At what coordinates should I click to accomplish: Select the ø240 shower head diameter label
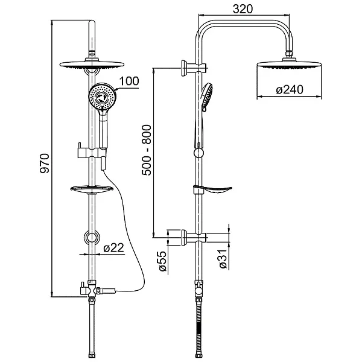pyautogui.click(x=288, y=89)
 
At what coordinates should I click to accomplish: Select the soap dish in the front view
pyautogui.click(x=91, y=190)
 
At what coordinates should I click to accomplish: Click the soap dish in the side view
pyautogui.click(x=214, y=191)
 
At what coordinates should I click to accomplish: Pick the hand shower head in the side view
pyautogui.click(x=206, y=97)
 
